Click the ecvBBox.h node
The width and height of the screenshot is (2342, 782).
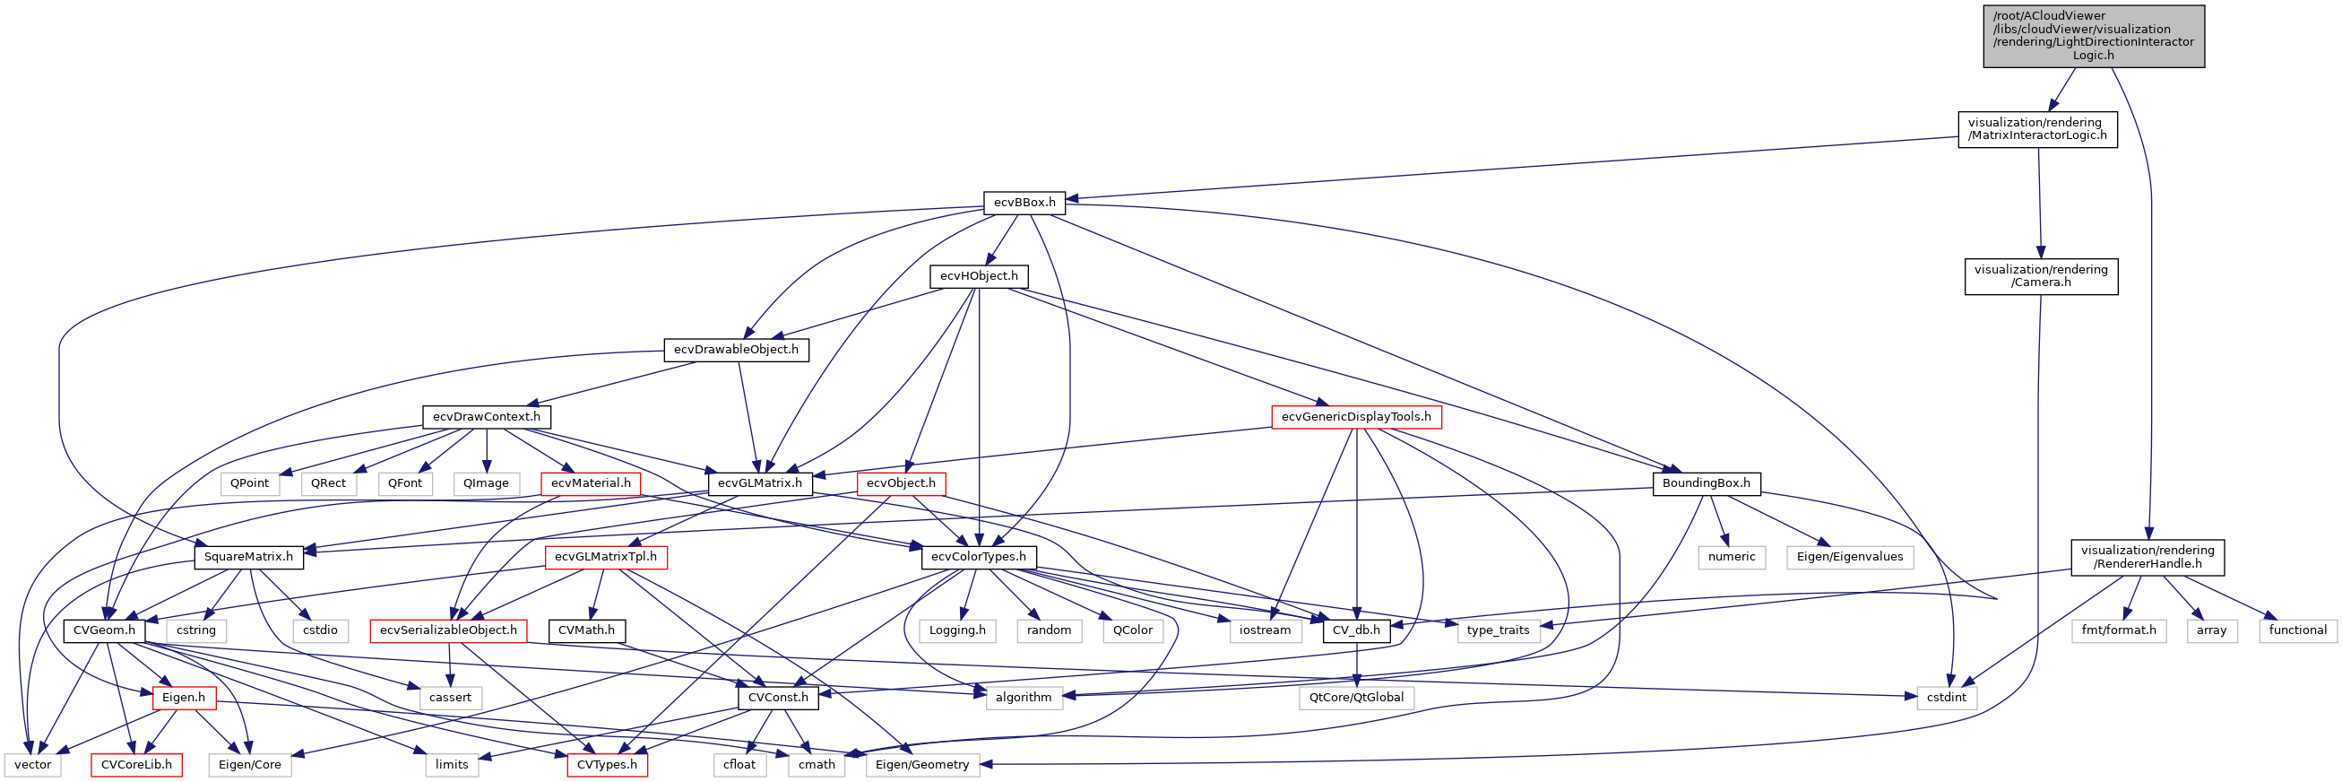pos(1024,203)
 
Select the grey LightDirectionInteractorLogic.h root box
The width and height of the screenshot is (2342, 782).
pos(2093,37)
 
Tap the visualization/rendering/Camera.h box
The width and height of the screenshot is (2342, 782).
pos(2040,276)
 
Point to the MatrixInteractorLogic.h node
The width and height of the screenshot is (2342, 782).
pos(2036,129)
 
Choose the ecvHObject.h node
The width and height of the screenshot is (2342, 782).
pos(978,276)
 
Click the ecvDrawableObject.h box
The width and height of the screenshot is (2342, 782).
pos(736,350)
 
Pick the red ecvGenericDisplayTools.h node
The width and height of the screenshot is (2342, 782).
pos(1354,417)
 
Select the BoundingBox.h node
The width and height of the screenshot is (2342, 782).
pos(1705,483)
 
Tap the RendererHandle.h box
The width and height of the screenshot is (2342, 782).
pos(2147,558)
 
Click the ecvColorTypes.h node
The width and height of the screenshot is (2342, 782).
pos(977,558)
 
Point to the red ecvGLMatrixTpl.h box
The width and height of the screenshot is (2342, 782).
pos(606,558)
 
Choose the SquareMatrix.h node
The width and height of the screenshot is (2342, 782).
pos(248,558)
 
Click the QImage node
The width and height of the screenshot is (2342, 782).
pos(486,483)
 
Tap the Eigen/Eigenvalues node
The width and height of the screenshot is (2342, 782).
pos(1848,558)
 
